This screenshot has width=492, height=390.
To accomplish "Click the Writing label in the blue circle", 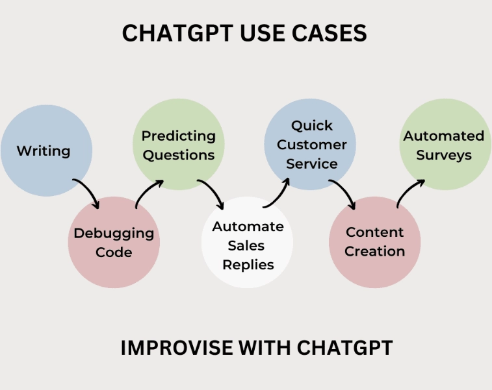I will (x=44, y=151).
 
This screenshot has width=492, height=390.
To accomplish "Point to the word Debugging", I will (x=114, y=233).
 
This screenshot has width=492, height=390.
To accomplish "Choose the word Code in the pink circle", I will (x=114, y=252).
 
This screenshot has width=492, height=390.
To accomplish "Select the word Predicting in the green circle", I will (x=179, y=136).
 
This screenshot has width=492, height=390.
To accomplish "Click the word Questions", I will (x=179, y=155).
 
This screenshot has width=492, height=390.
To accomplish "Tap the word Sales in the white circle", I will (x=248, y=245).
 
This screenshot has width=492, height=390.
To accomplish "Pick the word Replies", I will (x=248, y=264).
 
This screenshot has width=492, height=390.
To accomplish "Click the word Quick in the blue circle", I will (x=312, y=125).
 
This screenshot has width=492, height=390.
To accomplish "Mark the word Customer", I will (x=312, y=145).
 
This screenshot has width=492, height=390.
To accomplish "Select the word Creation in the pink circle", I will (x=375, y=251).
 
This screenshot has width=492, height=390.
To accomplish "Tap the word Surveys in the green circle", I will (x=445, y=155).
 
